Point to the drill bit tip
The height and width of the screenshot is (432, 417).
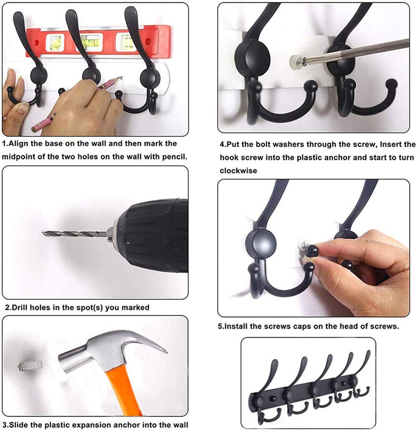(43, 234)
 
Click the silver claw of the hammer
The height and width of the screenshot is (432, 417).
(149, 342)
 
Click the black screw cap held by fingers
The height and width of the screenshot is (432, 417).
(312, 250)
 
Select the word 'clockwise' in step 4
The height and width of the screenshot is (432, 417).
(238, 171)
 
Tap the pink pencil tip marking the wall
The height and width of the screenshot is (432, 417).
(120, 78)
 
